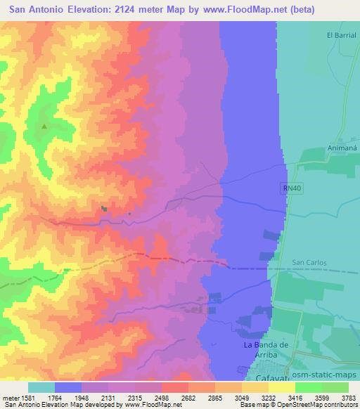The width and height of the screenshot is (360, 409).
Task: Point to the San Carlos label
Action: (310, 263)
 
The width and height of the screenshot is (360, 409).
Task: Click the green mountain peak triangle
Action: (44, 126)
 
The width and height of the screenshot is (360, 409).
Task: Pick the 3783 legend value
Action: (347, 398)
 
